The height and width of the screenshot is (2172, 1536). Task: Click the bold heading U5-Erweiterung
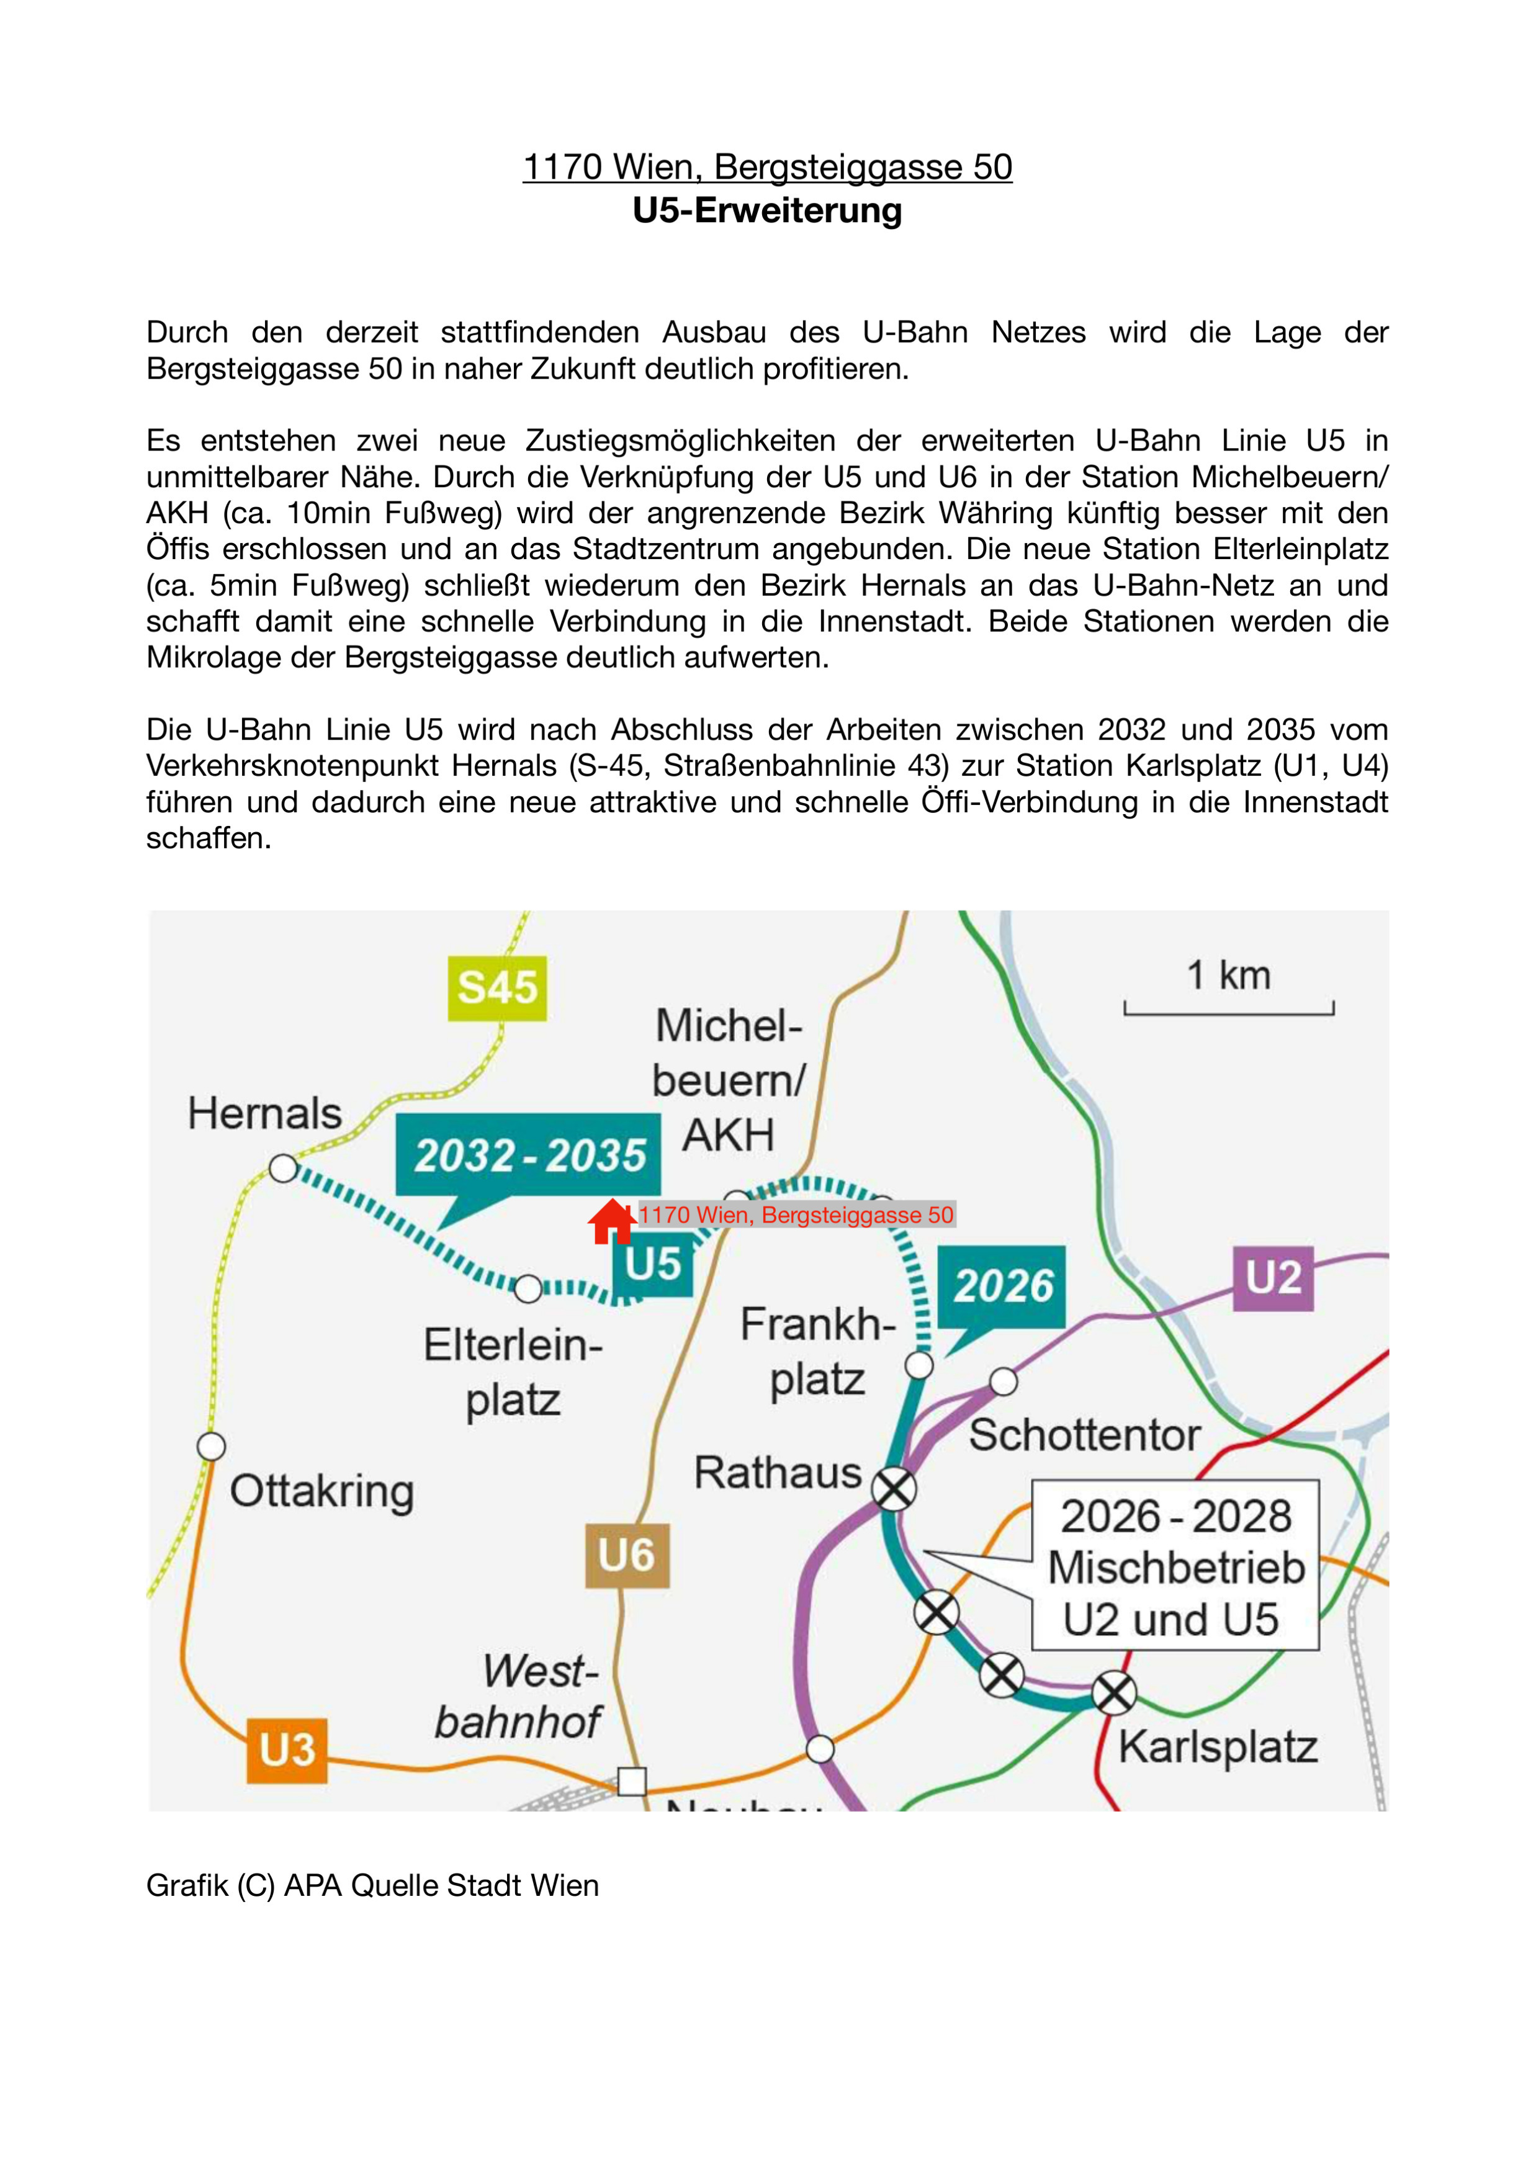click(767, 210)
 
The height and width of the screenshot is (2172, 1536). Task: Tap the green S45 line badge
click(498, 987)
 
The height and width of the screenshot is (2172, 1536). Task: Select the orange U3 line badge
click(287, 1750)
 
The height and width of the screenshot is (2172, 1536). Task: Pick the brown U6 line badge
click(627, 1555)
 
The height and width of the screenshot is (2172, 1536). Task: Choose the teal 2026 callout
click(1002, 1286)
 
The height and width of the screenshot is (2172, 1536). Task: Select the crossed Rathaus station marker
click(894, 1489)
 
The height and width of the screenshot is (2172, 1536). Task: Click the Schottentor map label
click(1084, 1435)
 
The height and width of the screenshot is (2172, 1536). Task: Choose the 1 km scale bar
click(1229, 1008)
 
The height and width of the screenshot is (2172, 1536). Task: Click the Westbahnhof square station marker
click(632, 1781)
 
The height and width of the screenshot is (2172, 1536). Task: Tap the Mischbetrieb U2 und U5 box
click(1175, 1566)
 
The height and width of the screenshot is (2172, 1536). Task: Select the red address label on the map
click(796, 1214)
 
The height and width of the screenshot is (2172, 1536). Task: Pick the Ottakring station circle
click(211, 1447)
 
